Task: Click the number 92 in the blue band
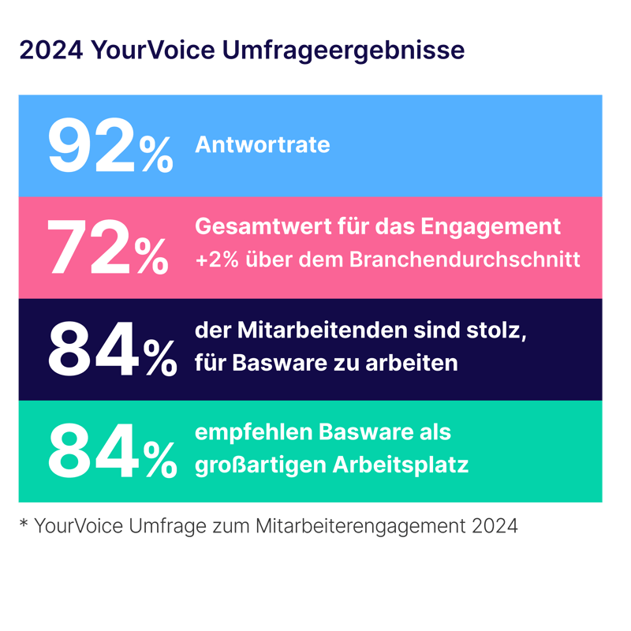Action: pyautogui.click(x=93, y=146)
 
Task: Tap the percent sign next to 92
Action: pyautogui.click(x=157, y=155)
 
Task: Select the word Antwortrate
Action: pyautogui.click(x=263, y=146)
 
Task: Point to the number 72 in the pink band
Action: pyautogui.click(x=89, y=246)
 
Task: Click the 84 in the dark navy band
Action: pyautogui.click(x=91, y=349)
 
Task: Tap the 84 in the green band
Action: pyautogui.click(x=91, y=450)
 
